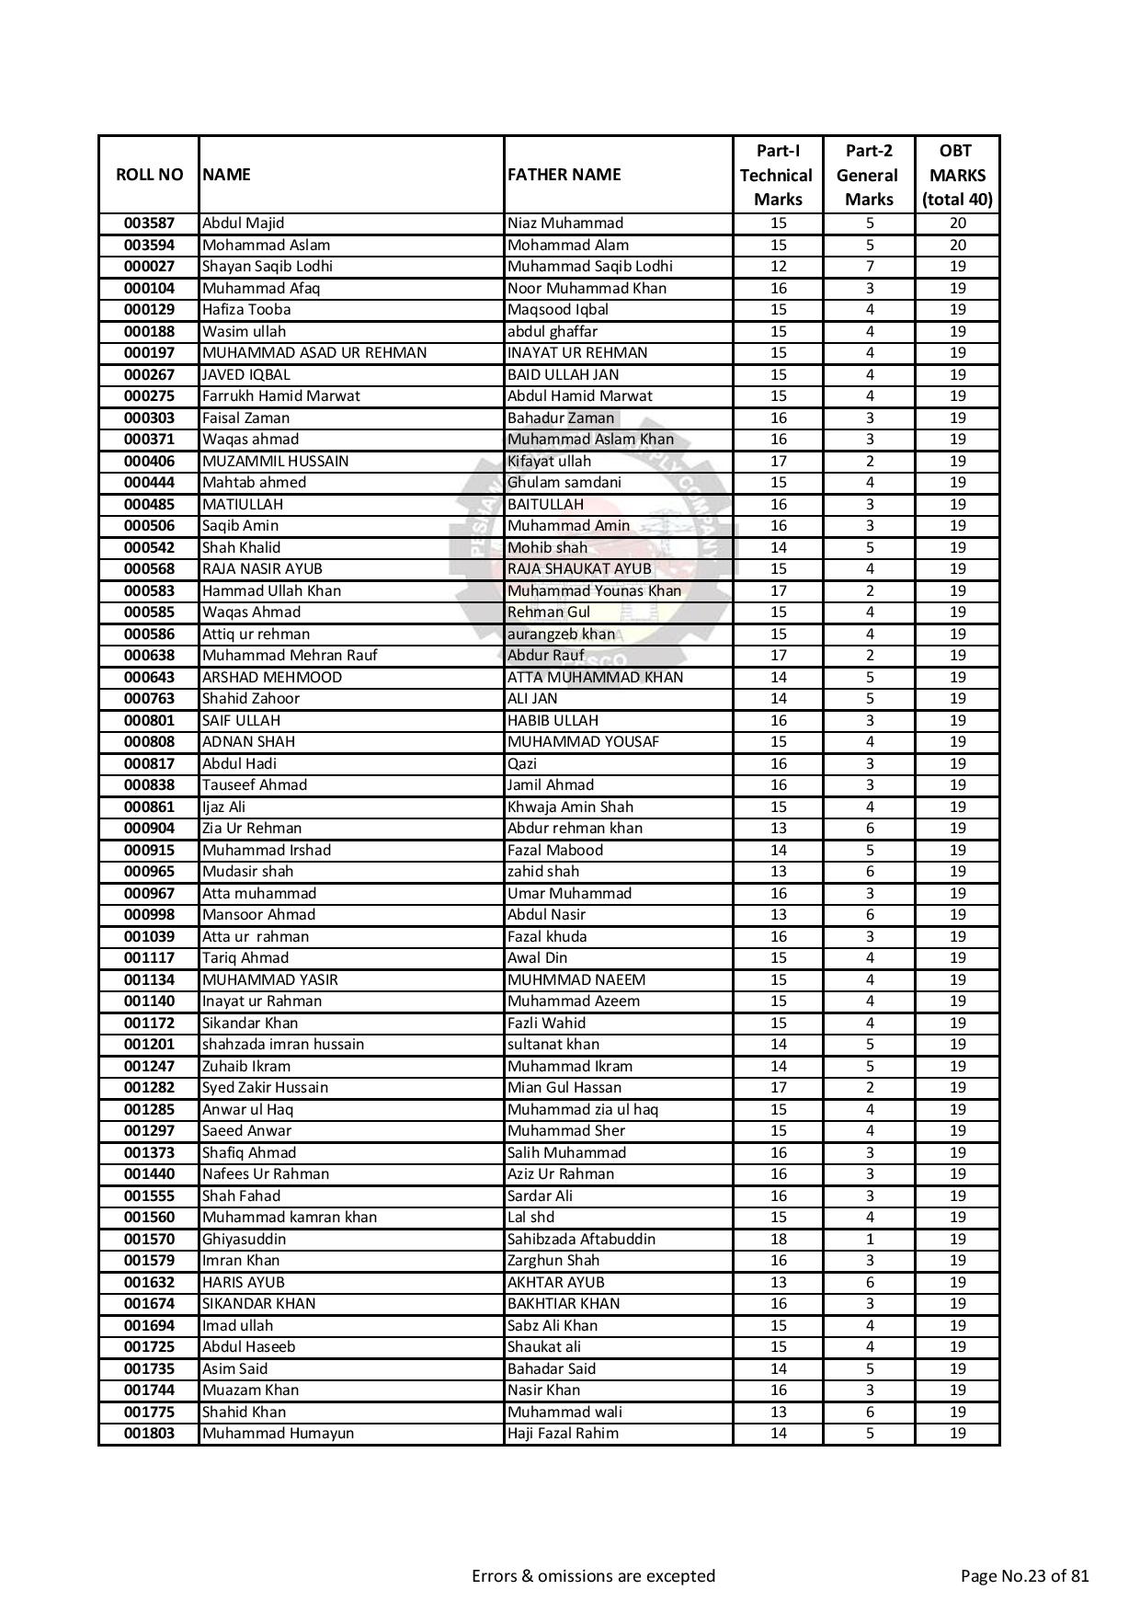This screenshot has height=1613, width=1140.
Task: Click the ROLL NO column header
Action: click(x=149, y=175)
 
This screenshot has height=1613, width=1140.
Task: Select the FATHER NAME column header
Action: click(x=564, y=175)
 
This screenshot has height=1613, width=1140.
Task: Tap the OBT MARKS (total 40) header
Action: click(x=957, y=175)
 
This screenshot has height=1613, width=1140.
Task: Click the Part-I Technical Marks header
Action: click(x=777, y=175)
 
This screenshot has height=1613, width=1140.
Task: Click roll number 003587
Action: click(x=149, y=223)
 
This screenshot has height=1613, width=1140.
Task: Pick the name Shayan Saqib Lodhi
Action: click(x=268, y=267)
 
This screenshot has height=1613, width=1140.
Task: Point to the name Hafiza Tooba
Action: click(x=246, y=310)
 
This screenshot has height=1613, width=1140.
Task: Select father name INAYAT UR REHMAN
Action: click(x=577, y=353)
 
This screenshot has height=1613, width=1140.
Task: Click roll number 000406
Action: click(x=149, y=462)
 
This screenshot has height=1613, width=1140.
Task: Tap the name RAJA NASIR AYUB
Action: click(x=262, y=569)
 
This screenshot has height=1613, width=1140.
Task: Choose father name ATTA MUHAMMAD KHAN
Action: click(x=596, y=678)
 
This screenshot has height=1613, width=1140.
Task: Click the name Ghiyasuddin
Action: click(x=244, y=1240)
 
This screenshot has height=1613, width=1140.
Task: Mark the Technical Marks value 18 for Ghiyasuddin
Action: click(x=778, y=1240)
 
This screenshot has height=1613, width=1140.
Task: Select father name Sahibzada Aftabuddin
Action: click(x=581, y=1240)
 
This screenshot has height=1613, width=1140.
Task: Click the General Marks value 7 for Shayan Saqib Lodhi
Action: click(x=869, y=267)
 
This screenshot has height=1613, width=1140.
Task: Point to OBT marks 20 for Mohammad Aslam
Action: click(x=957, y=246)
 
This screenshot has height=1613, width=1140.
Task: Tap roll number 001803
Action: click(x=149, y=1434)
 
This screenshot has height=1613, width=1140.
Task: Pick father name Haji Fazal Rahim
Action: click(x=563, y=1434)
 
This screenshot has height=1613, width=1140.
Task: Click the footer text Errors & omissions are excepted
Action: click(x=593, y=1576)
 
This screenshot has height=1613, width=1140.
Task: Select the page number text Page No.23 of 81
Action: click(x=1024, y=1576)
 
